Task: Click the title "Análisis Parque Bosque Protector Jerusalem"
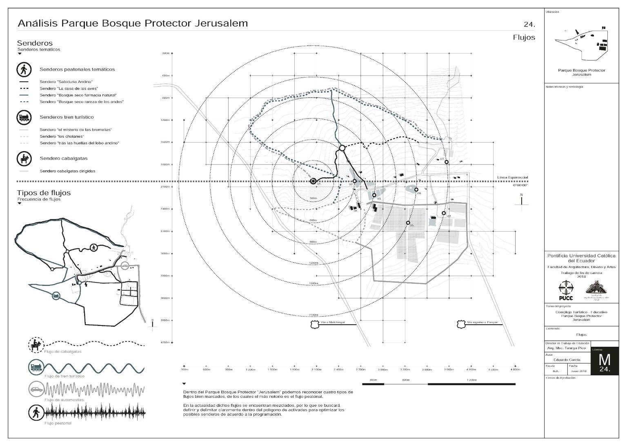(x=133, y=23)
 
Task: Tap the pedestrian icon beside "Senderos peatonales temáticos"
(x=24, y=69)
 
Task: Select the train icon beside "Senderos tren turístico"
(x=24, y=118)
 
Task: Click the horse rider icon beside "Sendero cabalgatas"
(x=24, y=159)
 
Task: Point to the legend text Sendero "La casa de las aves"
(x=69, y=89)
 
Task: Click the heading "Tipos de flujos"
(x=44, y=193)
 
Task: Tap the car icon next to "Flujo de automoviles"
(x=36, y=388)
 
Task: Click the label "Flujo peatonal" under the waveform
(x=58, y=423)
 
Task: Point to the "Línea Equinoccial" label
(x=512, y=178)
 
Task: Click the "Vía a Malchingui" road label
(x=331, y=323)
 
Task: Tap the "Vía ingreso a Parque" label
(x=482, y=323)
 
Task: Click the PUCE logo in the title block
(x=565, y=290)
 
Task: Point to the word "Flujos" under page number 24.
(x=524, y=38)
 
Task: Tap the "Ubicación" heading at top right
(x=552, y=12)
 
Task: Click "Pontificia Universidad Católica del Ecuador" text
(x=581, y=258)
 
